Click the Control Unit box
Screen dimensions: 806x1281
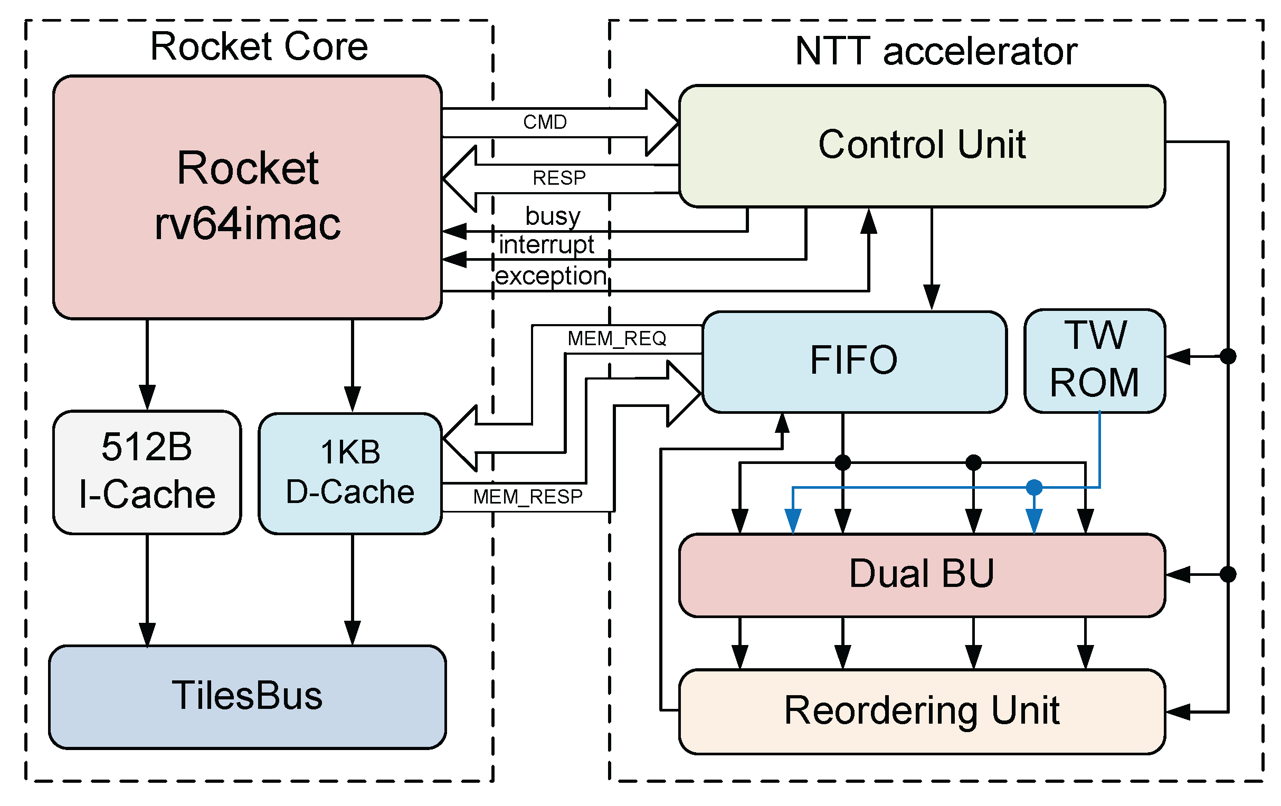tap(922, 145)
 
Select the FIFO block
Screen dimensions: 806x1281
tap(854, 361)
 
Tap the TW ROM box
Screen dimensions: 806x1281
tap(1094, 360)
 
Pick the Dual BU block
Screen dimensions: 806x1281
tap(922, 575)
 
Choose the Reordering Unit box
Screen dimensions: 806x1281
tap(922, 711)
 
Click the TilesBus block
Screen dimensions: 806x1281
tap(247, 696)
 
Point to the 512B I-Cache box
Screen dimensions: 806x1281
tap(147, 471)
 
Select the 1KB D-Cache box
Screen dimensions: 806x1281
tap(350, 472)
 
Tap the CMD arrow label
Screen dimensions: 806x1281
tap(545, 122)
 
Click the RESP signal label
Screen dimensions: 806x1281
tap(558, 178)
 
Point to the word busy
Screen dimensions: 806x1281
tap(553, 216)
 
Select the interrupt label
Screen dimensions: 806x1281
tap(546, 245)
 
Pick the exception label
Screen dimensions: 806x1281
tap(551, 276)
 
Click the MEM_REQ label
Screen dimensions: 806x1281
tap(616, 338)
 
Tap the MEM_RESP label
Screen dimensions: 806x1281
tap(528, 497)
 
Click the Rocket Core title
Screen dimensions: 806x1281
tap(259, 47)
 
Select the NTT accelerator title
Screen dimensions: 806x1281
tap(936, 52)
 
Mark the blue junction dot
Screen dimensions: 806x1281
tap(1033, 487)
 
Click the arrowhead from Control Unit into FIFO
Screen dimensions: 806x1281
tap(931, 297)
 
